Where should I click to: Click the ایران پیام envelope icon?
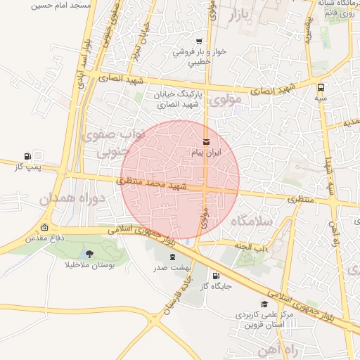205,143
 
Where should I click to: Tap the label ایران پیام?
206,153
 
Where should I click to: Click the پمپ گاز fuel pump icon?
27,156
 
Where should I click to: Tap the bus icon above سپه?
321,88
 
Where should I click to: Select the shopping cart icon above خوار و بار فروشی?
200,41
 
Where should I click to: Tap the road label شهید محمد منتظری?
151,184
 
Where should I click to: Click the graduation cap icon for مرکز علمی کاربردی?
264,304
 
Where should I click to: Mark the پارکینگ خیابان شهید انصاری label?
198,98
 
